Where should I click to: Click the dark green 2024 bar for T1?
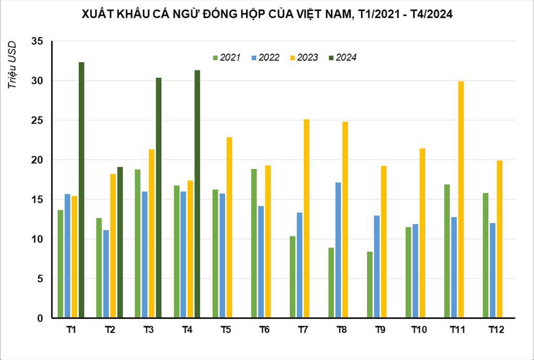(x=81, y=190)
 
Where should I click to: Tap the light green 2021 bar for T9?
(x=370, y=284)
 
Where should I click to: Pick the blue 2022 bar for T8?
(x=338, y=250)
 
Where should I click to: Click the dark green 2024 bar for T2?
(x=120, y=242)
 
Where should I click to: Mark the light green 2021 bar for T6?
(x=254, y=243)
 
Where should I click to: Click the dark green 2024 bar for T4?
(x=197, y=194)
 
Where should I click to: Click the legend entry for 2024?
(x=343, y=57)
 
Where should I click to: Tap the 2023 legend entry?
(x=304, y=57)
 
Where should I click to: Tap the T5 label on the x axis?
(x=226, y=330)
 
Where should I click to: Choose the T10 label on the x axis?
(x=418, y=330)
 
